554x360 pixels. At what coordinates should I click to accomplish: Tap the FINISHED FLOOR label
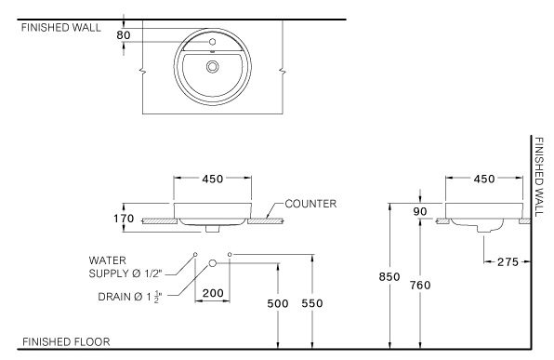coord(65,342)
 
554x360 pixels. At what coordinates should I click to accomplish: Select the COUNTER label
coord(310,202)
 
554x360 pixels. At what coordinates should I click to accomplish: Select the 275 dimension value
coord(508,263)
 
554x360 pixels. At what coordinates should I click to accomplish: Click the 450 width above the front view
coord(213,180)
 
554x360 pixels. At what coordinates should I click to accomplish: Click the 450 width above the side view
coord(484,180)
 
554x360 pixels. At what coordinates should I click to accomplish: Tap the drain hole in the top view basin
coord(214,66)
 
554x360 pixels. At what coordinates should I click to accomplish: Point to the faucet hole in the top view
coord(213,43)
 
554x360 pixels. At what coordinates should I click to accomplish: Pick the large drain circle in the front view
coord(213,264)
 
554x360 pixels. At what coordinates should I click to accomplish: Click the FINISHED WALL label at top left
coord(59,27)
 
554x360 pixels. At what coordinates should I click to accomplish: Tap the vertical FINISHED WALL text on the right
coord(538,178)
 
